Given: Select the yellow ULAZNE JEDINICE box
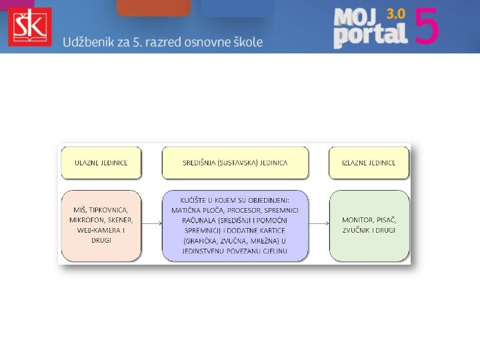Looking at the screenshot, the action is (101, 163).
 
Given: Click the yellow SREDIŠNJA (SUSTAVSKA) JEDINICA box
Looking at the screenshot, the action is (235, 163).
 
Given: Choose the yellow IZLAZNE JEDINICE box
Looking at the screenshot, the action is (369, 163).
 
